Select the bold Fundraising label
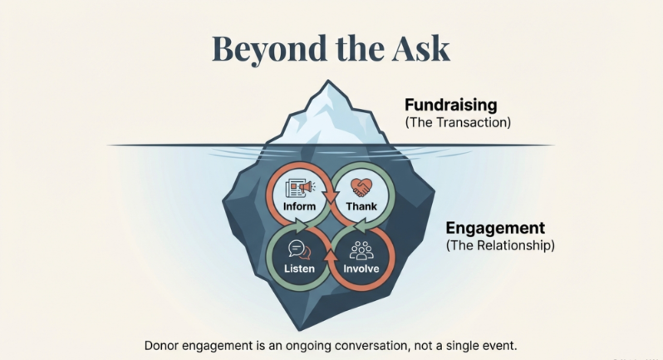pos(450,106)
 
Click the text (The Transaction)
pos(458,122)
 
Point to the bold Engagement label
pos(495,228)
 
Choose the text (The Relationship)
pos(500,245)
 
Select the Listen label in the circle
pos(299,269)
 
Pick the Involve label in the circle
pos(361,269)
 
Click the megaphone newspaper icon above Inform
pos(298,189)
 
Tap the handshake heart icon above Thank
pos(361,189)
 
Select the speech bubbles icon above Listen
pos(299,249)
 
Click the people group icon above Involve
pos(361,249)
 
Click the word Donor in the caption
pos(164,344)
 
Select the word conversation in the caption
pos(384,344)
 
